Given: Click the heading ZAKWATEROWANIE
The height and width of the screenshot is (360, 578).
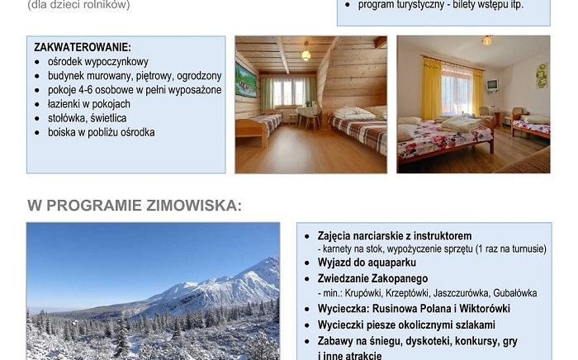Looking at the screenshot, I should click(83, 48).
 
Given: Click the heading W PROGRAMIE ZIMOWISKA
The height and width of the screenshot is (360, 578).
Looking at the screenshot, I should click(135, 205).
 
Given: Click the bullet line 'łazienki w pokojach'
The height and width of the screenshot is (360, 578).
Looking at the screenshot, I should click(89, 104).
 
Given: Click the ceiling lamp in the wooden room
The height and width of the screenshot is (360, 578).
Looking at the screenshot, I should click(306, 55).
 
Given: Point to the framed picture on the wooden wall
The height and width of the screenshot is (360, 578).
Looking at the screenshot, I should click(247, 80).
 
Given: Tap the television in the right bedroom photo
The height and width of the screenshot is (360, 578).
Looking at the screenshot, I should click(492, 84).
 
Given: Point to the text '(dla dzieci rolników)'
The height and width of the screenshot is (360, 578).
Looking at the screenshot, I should click(78, 5).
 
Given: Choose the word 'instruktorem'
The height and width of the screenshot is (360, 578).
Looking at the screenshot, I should click(442, 235).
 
